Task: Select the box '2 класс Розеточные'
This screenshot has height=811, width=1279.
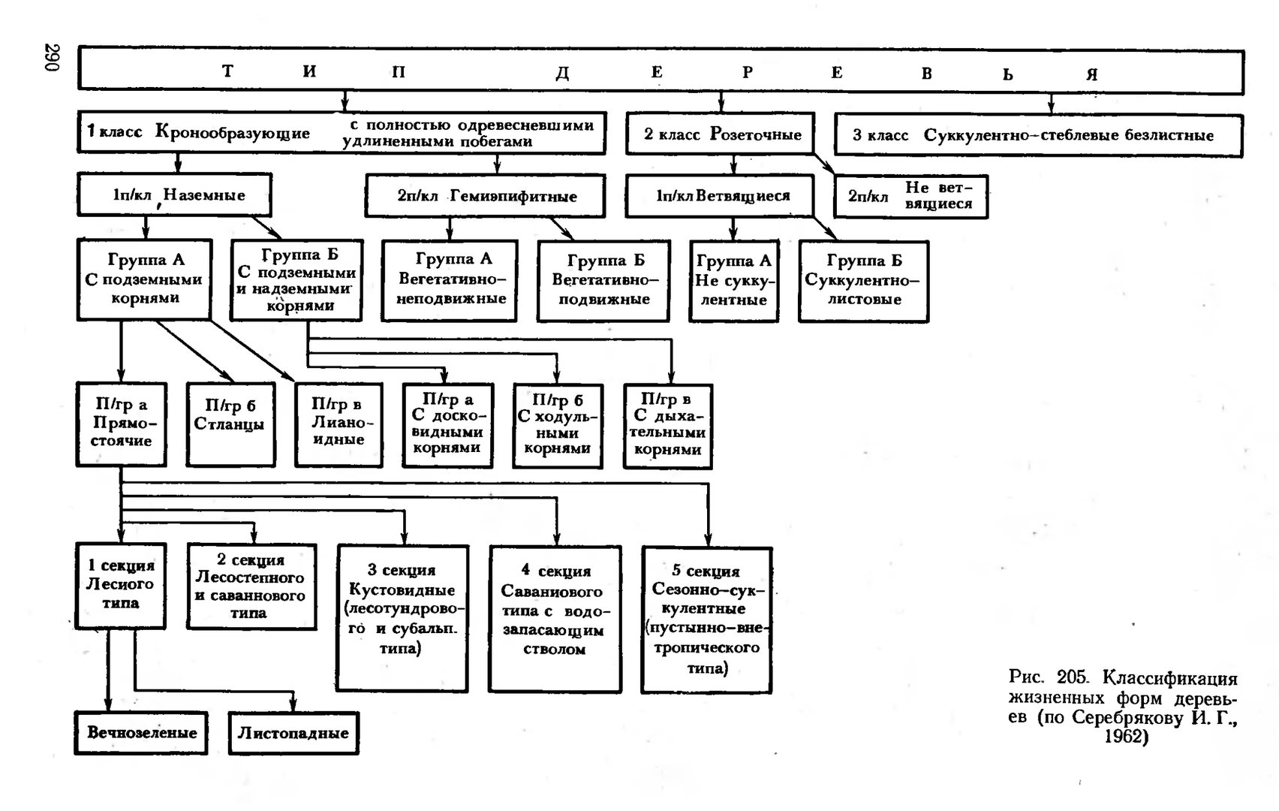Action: click(721, 134)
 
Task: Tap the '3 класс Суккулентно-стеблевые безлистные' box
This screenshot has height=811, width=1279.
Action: click(1037, 136)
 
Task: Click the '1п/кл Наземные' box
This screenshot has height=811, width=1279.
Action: click(174, 195)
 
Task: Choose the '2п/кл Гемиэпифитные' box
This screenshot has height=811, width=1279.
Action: click(485, 197)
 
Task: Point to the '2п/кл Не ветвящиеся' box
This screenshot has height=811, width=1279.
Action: click(910, 197)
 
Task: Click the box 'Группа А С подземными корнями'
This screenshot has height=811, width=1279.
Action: click(144, 279)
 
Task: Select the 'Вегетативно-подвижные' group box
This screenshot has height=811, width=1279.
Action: click(603, 281)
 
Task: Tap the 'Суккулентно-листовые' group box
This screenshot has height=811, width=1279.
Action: click(863, 281)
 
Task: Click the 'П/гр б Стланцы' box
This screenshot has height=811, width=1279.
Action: click(230, 424)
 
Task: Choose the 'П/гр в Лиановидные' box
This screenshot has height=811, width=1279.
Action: click(339, 424)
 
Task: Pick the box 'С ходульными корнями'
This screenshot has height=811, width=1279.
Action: click(557, 426)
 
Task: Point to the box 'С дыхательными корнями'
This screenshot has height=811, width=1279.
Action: click(667, 426)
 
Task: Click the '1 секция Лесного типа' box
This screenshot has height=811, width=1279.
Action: click(120, 585)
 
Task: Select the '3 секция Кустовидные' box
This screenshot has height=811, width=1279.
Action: click(402, 617)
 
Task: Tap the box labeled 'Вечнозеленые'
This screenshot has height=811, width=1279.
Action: click(141, 732)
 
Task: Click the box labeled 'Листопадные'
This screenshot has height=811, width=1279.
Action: click(293, 733)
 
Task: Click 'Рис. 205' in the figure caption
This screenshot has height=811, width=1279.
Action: click(1047, 678)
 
